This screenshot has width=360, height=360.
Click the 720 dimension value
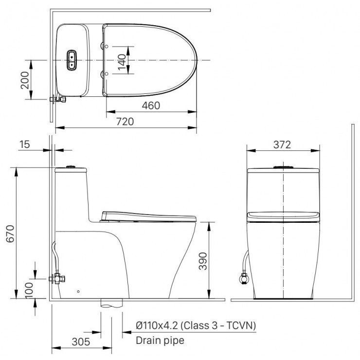tap(126, 122)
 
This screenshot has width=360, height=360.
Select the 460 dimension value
tap(151, 106)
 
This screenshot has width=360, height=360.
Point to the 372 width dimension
tap(282, 144)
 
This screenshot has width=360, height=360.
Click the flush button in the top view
tap(72, 59)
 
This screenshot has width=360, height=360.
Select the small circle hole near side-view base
tap(78, 292)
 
